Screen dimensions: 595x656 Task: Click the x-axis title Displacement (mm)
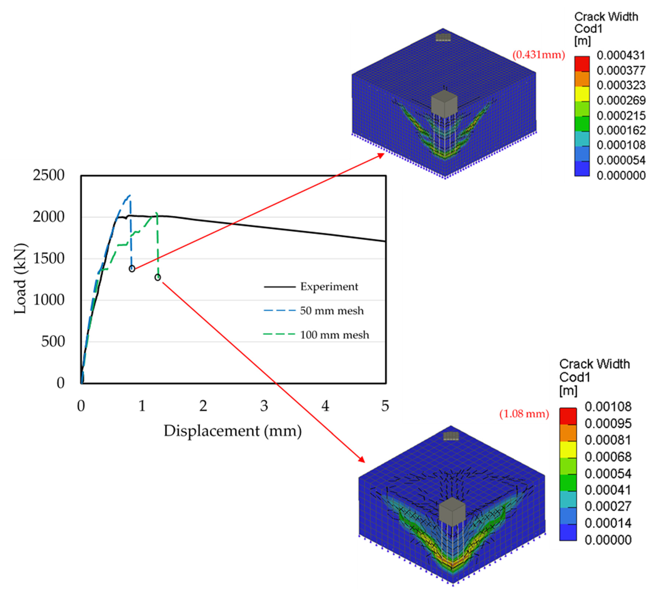pyautogui.click(x=232, y=431)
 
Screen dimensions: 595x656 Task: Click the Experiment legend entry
pyautogui.click(x=329, y=287)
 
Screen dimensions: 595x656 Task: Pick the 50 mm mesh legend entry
pyautogui.click(x=331, y=311)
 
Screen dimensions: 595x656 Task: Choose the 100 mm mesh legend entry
pyautogui.click(x=334, y=335)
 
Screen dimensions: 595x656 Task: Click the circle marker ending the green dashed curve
pyautogui.click(x=158, y=277)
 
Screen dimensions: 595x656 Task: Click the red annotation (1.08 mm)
pyautogui.click(x=524, y=414)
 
